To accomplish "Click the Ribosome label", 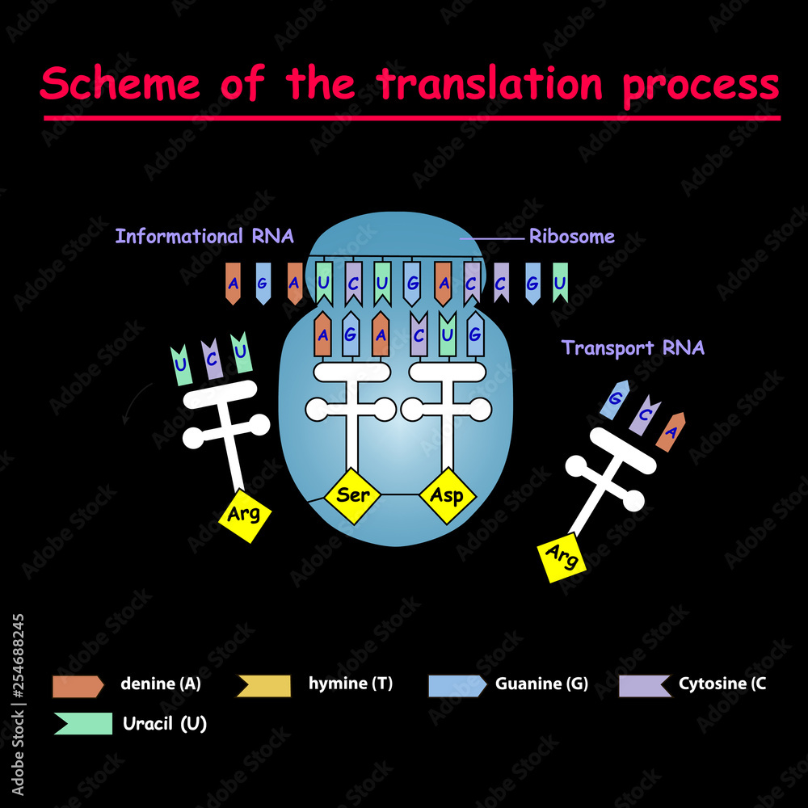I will tap(571, 237).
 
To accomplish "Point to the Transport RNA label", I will tap(633, 348).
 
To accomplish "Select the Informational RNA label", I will tap(204, 237).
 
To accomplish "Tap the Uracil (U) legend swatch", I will tap(82, 723).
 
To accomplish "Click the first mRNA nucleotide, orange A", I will tap(233, 284).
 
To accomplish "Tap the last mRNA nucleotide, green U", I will tap(560, 283).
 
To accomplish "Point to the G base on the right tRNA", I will tap(616, 400).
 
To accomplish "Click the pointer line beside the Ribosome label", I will tap(491, 238).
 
